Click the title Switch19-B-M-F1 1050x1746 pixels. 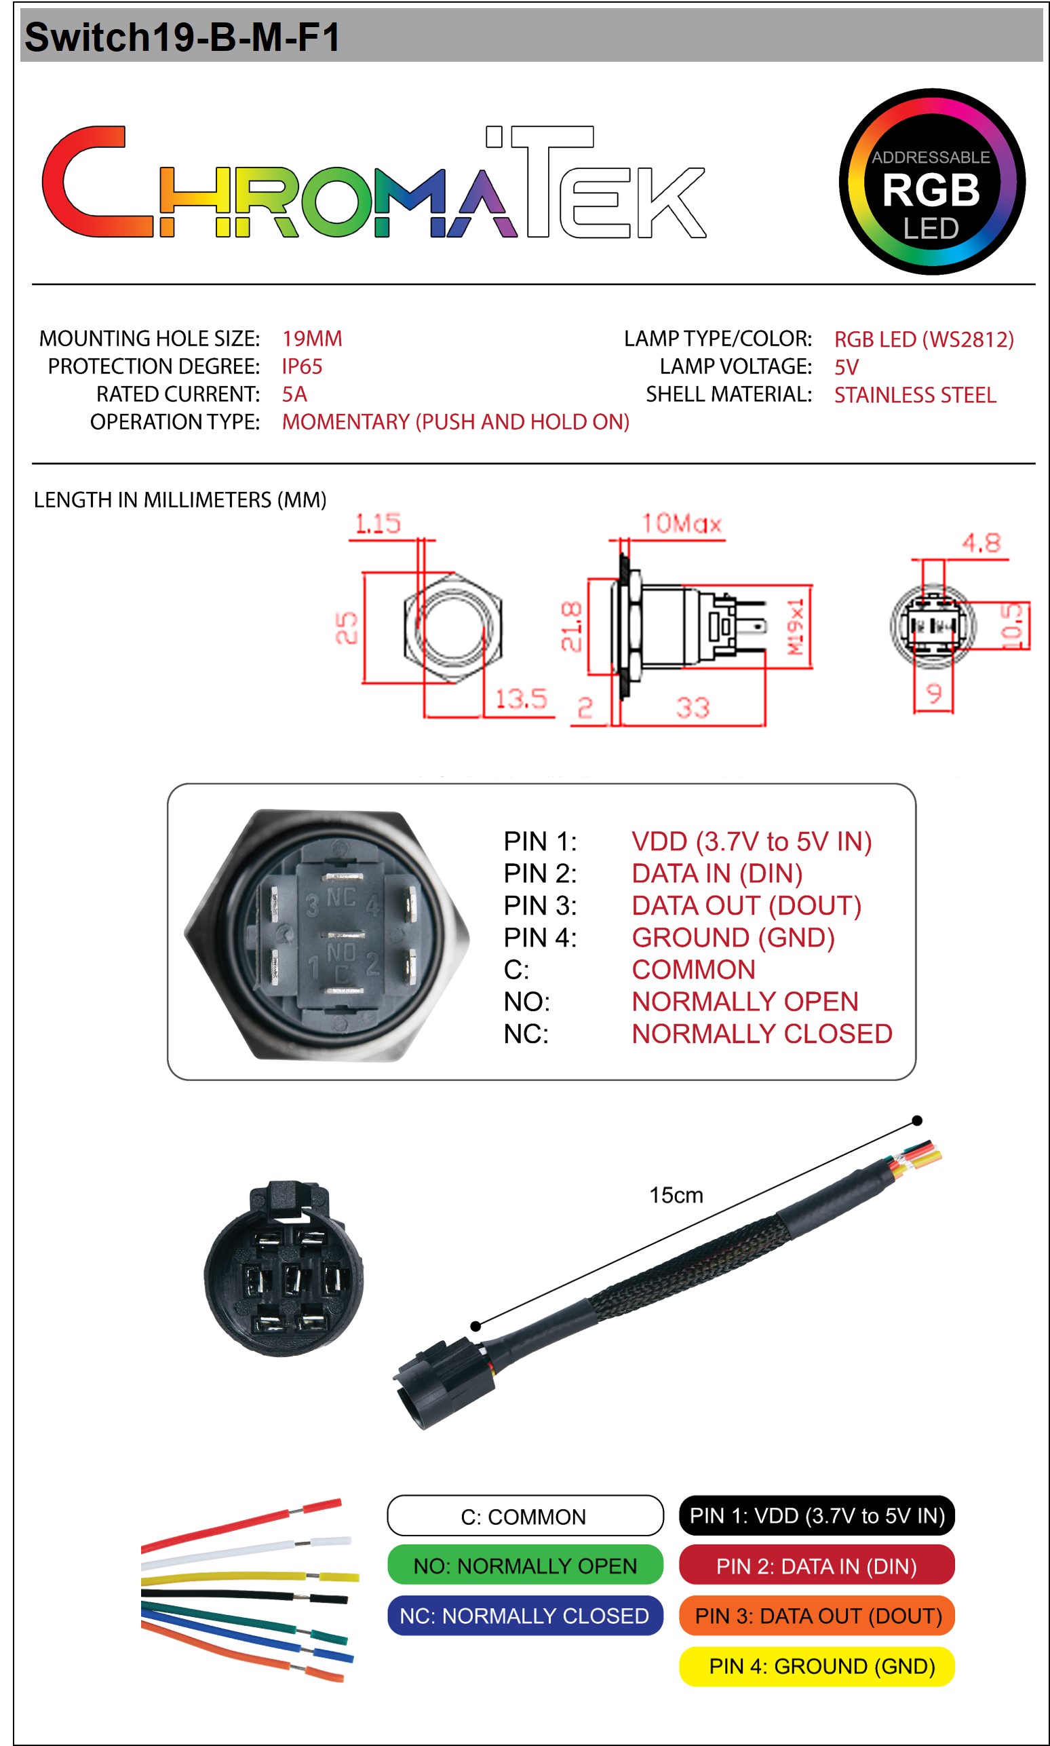coord(182,37)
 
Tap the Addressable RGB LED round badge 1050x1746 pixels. coord(931,181)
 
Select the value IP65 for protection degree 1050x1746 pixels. coord(302,366)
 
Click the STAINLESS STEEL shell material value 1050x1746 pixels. coord(914,395)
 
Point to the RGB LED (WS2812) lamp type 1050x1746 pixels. coord(923,340)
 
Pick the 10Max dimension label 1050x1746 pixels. coord(680,524)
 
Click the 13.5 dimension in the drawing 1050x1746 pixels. coord(521,699)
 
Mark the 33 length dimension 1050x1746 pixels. coord(692,708)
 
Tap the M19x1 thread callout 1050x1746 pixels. coord(797,626)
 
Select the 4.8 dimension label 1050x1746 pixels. coord(981,544)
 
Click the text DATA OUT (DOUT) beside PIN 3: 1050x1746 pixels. coord(745,906)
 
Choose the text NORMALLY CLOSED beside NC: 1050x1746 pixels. coord(761,1034)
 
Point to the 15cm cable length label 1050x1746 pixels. coord(676,1196)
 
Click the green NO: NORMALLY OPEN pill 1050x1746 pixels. coord(525,1565)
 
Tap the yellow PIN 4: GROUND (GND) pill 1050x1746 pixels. coord(817,1666)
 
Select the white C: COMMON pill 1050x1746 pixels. coord(525,1516)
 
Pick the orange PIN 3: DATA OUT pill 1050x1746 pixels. coord(817,1616)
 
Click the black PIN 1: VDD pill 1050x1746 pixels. coord(817,1515)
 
